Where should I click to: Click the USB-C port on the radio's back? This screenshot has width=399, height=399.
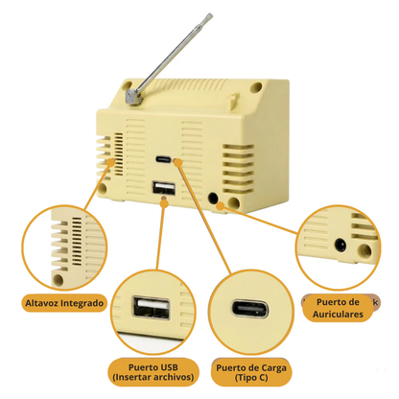(163, 159)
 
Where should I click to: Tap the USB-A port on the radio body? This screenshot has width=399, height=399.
(164, 188)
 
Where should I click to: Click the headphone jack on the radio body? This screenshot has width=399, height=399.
(213, 198)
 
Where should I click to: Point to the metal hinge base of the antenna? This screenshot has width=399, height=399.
(134, 96)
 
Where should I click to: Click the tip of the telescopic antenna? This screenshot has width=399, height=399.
(210, 14)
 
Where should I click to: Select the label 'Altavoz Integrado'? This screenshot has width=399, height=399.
(64, 303)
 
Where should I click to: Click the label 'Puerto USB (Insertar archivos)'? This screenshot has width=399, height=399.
(153, 372)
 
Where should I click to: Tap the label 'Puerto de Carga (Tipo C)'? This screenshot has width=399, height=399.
(251, 373)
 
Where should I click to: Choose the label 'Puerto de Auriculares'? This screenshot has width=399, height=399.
(338, 308)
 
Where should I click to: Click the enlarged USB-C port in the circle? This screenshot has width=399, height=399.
(250, 309)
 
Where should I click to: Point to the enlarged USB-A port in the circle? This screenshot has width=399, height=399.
(152, 308)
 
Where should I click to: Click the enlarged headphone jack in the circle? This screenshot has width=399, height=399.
(340, 246)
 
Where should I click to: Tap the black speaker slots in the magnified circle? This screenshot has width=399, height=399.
(77, 242)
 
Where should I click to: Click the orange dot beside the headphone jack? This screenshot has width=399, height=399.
(221, 206)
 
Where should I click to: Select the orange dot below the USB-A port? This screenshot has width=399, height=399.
(164, 202)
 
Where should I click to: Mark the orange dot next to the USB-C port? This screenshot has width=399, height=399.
(177, 163)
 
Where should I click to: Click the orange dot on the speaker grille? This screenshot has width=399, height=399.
(110, 162)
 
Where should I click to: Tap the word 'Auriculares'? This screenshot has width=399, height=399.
(338, 315)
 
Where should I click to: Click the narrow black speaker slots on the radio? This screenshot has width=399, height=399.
(119, 154)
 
